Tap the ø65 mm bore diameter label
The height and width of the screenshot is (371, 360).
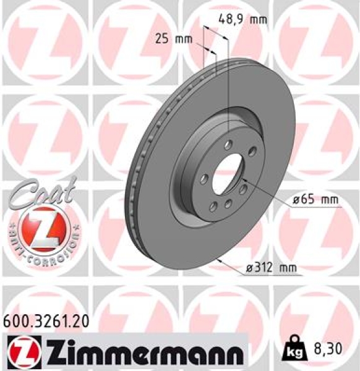click(315, 200)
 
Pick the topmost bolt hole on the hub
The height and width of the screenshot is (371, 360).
click(229, 145)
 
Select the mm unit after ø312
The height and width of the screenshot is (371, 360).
click(288, 267)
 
